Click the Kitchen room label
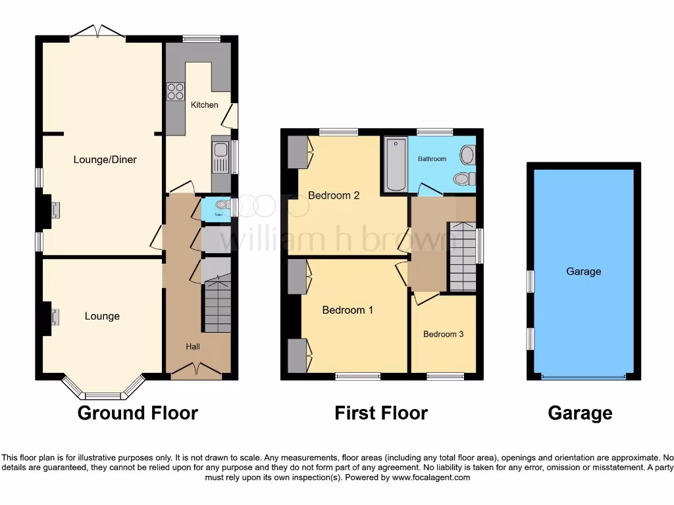(204, 105)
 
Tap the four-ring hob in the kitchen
(176, 91)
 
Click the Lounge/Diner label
(105, 159)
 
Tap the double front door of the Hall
(195, 372)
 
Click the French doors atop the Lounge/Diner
(98, 32)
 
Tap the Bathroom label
(432, 158)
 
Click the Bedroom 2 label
(334, 195)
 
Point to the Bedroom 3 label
(443, 334)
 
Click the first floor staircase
(463, 257)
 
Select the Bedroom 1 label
(348, 310)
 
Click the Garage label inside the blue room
(583, 271)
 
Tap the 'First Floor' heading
(381, 413)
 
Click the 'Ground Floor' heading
(138, 413)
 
